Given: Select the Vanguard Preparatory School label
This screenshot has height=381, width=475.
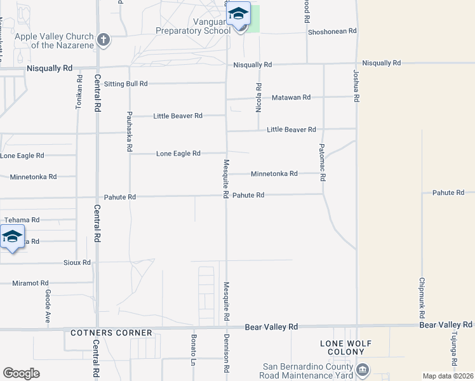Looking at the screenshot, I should (193, 25).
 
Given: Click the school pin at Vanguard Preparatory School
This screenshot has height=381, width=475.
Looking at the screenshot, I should (239, 15).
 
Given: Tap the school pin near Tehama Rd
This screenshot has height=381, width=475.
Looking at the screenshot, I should (12, 237).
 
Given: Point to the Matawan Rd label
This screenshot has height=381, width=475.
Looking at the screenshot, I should (291, 97).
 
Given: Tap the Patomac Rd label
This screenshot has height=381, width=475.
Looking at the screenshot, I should (322, 163).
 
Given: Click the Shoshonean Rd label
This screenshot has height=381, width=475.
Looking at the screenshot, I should (331, 31).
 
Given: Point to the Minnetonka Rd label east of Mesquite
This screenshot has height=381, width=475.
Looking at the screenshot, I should (274, 173).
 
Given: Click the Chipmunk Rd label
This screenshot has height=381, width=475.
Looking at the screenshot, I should (422, 297).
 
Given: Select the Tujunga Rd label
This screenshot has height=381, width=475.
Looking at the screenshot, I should (454, 351).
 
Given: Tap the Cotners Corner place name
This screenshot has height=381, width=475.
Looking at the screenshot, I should (111, 333).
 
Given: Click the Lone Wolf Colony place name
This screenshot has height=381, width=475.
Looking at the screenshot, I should (345, 349).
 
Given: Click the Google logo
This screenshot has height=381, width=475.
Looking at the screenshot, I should (21, 373).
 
